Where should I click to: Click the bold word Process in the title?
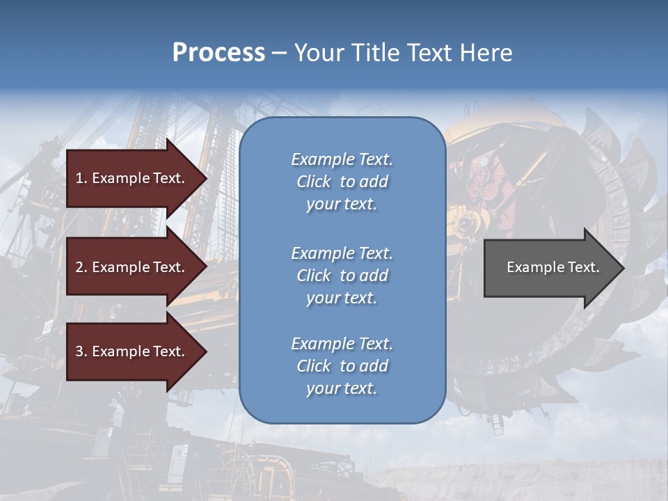(x=218, y=53)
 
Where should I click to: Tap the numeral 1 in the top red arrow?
(x=79, y=178)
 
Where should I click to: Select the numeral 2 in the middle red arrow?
(x=79, y=267)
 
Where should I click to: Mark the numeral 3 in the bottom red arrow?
(x=79, y=351)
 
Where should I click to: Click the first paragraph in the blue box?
(x=342, y=182)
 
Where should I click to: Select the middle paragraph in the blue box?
(x=342, y=276)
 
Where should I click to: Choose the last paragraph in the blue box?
(x=342, y=366)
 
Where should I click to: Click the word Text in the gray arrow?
(x=584, y=267)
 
